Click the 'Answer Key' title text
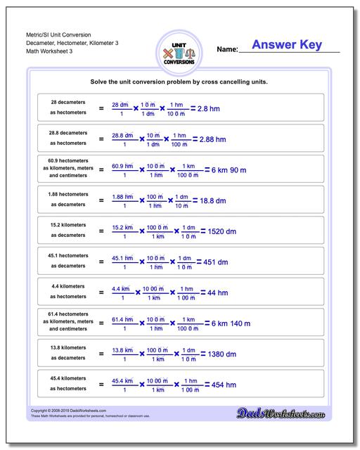click(287, 45)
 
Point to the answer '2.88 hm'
click(212, 140)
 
